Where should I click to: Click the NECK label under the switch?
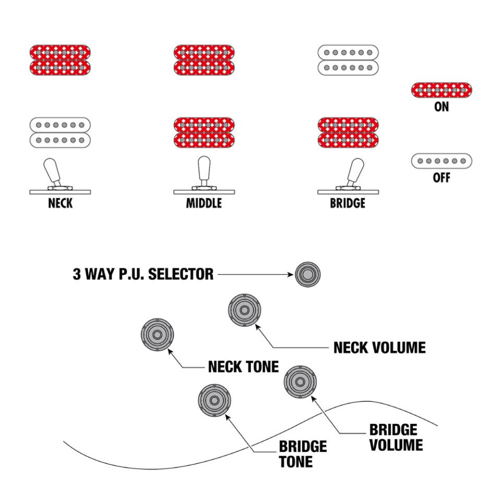(60, 204)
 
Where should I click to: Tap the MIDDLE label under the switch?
(204, 204)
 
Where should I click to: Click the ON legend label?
(442, 108)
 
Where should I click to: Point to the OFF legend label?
(442, 178)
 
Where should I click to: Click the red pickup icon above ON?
(442, 90)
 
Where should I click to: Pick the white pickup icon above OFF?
(442, 161)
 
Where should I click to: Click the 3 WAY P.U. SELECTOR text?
(142, 274)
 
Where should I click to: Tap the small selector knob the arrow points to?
(307, 273)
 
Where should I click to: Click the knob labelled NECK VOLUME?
(244, 310)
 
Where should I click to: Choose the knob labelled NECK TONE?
(157, 334)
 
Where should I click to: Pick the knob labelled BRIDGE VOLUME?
(300, 382)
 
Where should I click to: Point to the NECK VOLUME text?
(379, 347)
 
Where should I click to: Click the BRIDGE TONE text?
(303, 455)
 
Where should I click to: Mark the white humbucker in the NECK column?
(60, 132)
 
